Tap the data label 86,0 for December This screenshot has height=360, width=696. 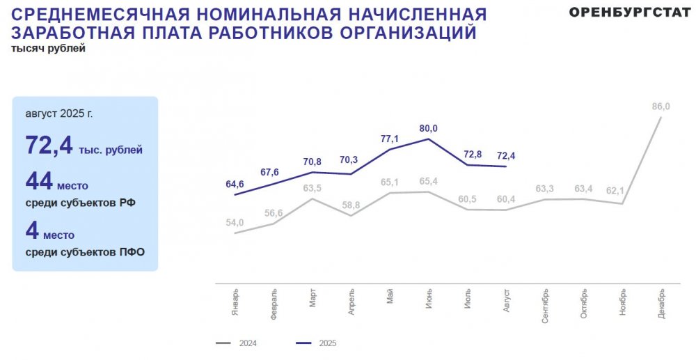661,107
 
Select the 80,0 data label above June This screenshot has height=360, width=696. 428,128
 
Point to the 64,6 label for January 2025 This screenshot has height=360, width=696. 235,184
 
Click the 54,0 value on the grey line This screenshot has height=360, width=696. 235,223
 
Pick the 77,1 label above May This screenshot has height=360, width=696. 389,139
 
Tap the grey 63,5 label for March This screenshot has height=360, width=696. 312,188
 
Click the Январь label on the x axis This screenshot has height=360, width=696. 236,302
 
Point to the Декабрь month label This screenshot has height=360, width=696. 661,304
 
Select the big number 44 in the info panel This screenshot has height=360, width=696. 39,182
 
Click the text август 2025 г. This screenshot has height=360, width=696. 58,113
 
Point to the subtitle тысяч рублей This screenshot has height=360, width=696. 48,48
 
